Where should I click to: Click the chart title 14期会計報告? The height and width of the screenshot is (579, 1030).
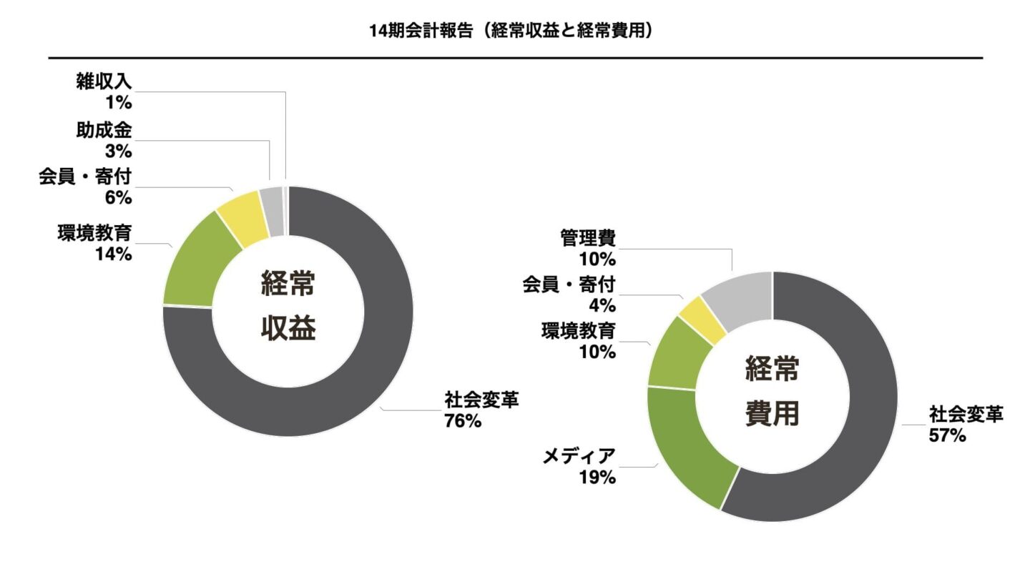pyautogui.click(x=513, y=31)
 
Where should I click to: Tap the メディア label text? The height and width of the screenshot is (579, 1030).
pyautogui.click(x=579, y=455)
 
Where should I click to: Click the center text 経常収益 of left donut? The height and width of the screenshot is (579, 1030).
pyautogui.click(x=288, y=308)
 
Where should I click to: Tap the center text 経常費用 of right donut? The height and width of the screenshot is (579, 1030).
pyautogui.click(x=772, y=392)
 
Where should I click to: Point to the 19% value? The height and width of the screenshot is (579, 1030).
pyautogui.click(x=597, y=477)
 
